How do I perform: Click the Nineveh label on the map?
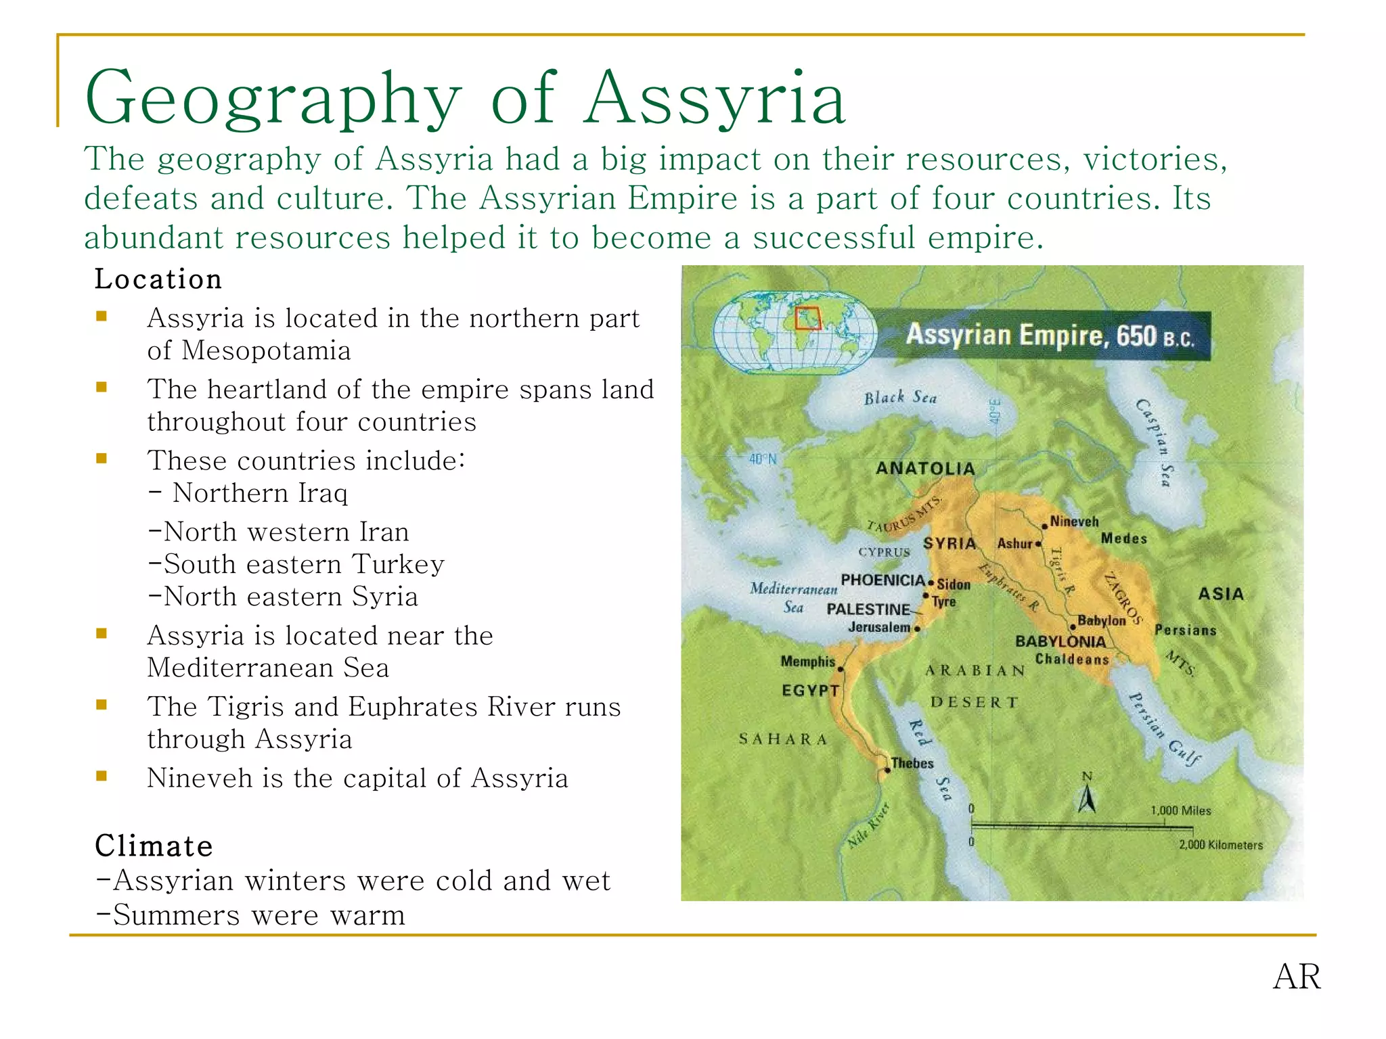[x=1074, y=522]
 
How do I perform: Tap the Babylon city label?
[x=1101, y=620]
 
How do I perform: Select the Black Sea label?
[x=900, y=398]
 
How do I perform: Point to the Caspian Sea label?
[x=1153, y=443]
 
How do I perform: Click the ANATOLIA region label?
[x=925, y=468]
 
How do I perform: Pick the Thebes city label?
[x=912, y=763]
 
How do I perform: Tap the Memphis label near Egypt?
[x=807, y=661]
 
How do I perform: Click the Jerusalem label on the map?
[x=878, y=627]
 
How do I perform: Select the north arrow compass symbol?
[x=1087, y=795]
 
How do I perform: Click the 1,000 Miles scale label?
[x=1180, y=810]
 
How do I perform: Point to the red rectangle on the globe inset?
[x=807, y=319]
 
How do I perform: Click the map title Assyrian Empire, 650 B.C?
[x=1050, y=336]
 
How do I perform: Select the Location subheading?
[x=158, y=279]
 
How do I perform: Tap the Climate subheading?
[x=154, y=846]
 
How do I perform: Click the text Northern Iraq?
[x=260, y=493]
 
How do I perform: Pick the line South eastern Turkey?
[x=296, y=564]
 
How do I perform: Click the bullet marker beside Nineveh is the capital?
[x=102, y=777]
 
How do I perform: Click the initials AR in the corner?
[x=1296, y=977]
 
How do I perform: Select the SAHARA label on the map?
[x=782, y=739]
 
